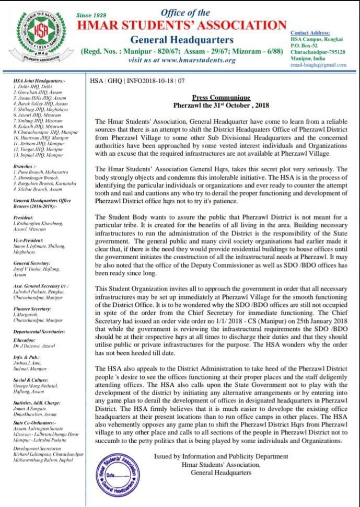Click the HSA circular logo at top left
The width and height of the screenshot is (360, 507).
(40, 39)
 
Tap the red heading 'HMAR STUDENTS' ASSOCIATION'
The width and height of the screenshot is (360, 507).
(182, 25)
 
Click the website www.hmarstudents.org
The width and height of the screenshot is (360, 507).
(182, 60)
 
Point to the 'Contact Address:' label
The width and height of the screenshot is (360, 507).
(310, 32)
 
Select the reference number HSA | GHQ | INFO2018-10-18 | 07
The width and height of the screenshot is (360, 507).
(137, 81)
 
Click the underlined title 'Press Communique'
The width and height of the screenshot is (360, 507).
(221, 98)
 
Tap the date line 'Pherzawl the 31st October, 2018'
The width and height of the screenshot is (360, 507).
(221, 106)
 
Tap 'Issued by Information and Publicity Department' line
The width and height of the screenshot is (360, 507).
(221, 456)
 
